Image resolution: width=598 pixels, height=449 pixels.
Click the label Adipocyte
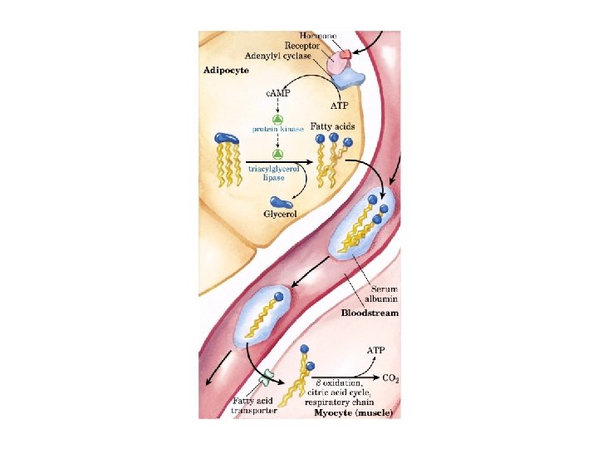[x=226, y=70]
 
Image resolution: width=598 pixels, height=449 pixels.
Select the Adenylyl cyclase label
[x=285, y=57]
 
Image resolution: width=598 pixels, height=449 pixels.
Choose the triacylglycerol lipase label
[x=277, y=172]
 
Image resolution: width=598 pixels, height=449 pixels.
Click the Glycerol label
[x=280, y=214]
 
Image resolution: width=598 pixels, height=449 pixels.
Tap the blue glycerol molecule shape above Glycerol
[x=281, y=201]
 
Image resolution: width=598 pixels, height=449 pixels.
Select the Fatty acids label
[x=332, y=126]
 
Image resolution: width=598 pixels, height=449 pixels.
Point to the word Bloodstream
[x=370, y=313]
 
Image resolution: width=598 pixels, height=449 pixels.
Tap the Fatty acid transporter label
[x=252, y=405]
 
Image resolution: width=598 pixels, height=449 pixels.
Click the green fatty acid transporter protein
[x=266, y=378]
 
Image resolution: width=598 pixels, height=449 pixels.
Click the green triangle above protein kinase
[x=278, y=120]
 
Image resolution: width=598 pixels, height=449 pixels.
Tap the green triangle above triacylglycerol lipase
[x=278, y=155]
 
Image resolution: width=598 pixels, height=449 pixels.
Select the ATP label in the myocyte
[x=375, y=350]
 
